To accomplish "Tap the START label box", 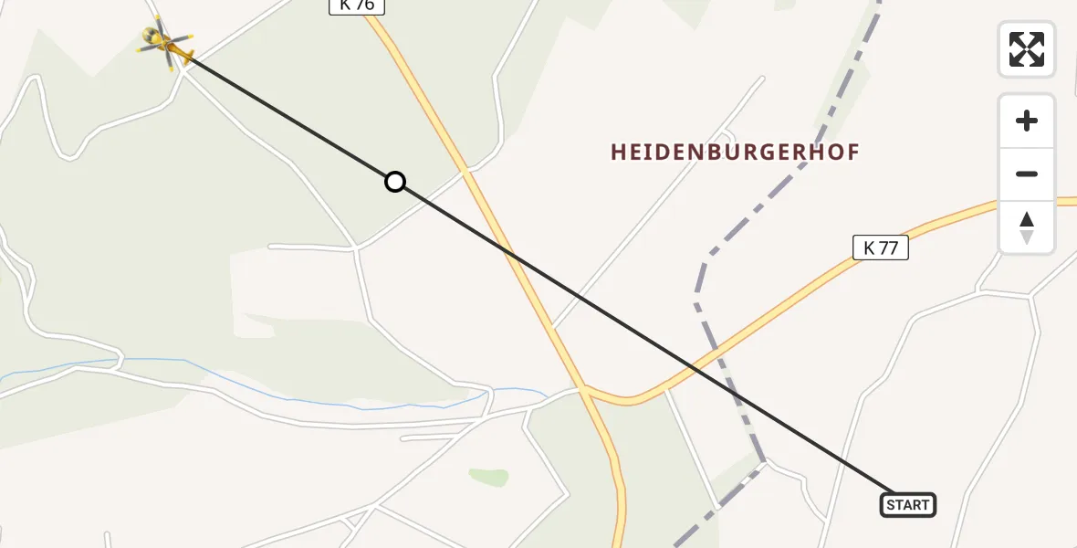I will [x=908, y=504].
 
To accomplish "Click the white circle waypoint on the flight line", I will [x=394, y=182].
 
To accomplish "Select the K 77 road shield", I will [x=881, y=247].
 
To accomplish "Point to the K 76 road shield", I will [x=357, y=5].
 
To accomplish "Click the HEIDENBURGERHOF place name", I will [x=735, y=153].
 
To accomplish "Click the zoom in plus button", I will [x=1027, y=121].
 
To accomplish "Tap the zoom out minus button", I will [x=1027, y=174].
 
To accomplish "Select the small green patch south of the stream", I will [x=489, y=477].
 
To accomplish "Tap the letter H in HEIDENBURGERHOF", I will [x=618, y=153].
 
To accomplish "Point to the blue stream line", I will [x=274, y=384].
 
